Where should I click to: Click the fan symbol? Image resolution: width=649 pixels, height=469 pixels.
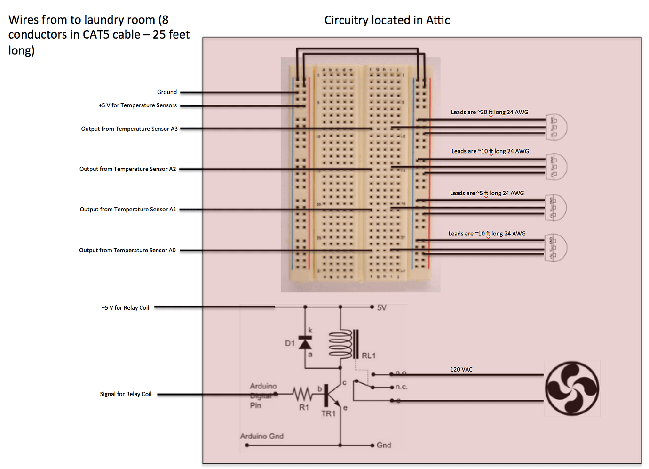pos(572,388)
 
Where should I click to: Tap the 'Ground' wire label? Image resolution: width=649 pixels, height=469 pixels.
pos(167,92)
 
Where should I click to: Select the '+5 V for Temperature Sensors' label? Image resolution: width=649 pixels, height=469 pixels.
pos(137,105)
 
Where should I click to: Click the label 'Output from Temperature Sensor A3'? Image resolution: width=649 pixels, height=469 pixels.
pos(129,129)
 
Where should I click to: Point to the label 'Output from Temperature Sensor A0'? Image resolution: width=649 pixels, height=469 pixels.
pos(127,251)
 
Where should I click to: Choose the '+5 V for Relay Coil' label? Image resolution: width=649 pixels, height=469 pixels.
pos(125,308)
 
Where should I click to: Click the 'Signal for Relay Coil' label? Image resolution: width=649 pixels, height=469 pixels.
pos(126,394)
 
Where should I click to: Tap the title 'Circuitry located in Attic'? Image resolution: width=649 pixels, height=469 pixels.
pos(387,20)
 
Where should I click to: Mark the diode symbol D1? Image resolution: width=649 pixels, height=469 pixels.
pos(305,343)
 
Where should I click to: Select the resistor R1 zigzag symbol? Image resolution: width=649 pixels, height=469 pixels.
pos(302,393)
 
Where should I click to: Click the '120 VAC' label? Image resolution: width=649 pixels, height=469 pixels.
pos(461,370)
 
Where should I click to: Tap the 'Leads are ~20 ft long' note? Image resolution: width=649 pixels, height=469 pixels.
pos(490,113)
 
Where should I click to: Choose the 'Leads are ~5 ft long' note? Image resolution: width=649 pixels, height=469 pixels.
pos(487,194)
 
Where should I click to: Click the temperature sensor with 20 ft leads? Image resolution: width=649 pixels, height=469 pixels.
pos(556,127)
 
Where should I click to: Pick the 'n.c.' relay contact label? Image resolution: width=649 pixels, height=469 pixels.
pos(401,387)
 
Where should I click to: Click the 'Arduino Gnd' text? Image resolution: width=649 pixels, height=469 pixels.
pos(262,437)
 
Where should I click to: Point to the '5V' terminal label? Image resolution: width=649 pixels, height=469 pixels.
pos(382,308)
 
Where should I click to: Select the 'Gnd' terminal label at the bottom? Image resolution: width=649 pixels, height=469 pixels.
pos(384,445)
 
